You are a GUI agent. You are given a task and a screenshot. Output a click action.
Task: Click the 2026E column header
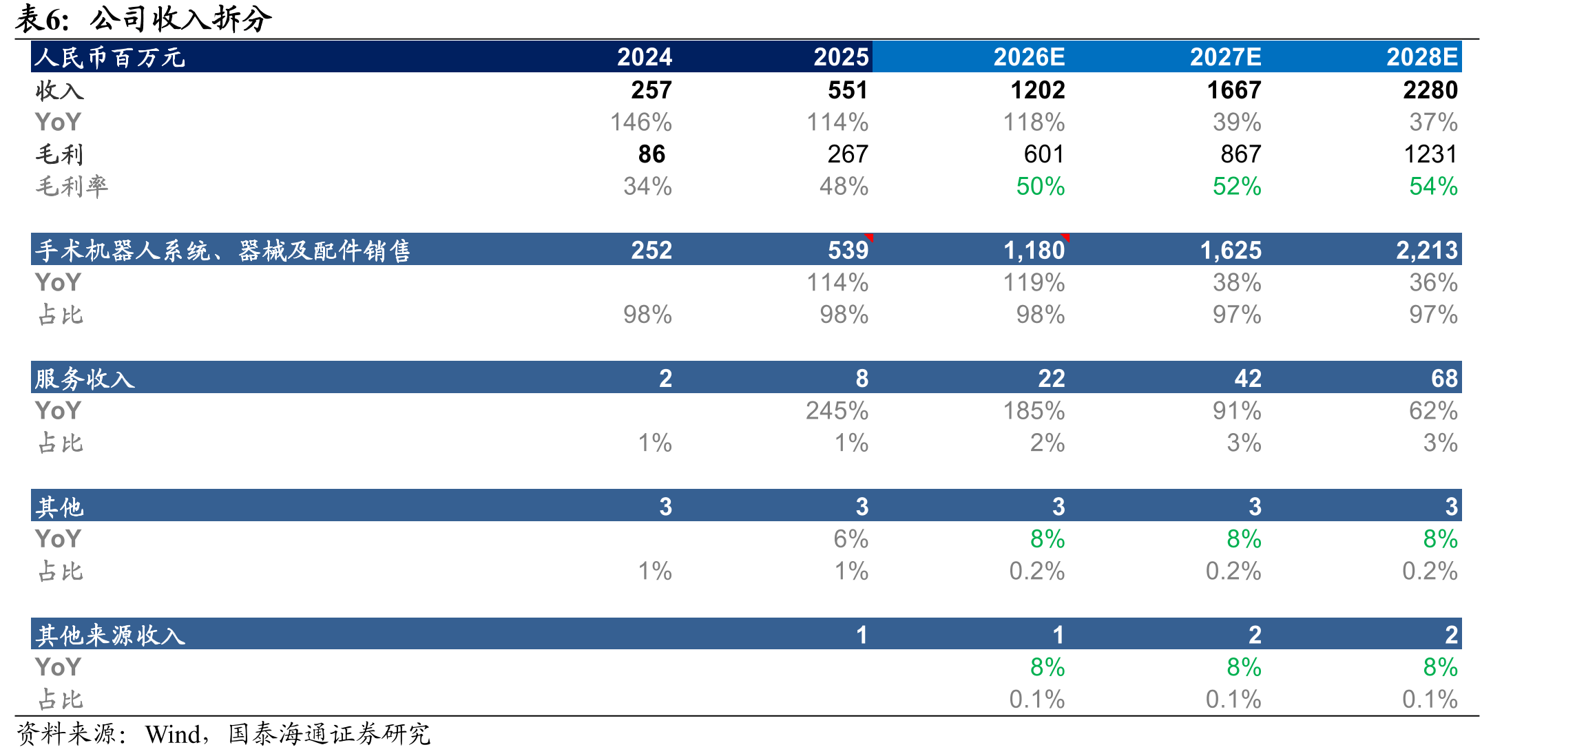(1029, 57)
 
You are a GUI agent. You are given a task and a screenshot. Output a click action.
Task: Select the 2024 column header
(644, 57)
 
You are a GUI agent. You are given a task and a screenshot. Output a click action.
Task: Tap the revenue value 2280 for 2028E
(1430, 90)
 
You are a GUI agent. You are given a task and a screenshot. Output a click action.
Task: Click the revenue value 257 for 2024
(651, 90)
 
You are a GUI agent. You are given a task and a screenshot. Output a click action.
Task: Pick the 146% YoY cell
(641, 123)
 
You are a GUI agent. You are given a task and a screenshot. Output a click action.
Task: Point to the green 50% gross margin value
(1041, 187)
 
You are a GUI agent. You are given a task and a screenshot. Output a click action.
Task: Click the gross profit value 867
(1241, 154)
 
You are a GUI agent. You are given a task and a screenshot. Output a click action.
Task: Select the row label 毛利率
(72, 187)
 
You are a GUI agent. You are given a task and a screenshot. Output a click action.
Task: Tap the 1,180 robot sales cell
(1034, 251)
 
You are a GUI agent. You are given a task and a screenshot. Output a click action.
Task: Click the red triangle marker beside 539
(870, 237)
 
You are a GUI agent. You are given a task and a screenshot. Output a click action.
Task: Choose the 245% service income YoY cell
(837, 411)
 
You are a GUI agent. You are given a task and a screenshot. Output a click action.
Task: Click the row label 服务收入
(85, 379)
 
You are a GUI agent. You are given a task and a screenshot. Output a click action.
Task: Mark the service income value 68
(1444, 379)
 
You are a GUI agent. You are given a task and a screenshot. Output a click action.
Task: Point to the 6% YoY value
(851, 539)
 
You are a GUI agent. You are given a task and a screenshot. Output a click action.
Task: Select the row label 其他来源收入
(111, 635)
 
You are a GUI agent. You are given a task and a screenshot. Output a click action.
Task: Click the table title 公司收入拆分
(181, 19)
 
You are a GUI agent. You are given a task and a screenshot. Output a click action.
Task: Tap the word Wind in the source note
(173, 735)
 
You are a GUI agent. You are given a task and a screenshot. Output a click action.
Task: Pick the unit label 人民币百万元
(110, 57)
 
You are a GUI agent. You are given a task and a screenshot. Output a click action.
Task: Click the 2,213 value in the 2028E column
(1427, 251)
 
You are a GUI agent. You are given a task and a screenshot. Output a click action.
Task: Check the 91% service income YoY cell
(1238, 411)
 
